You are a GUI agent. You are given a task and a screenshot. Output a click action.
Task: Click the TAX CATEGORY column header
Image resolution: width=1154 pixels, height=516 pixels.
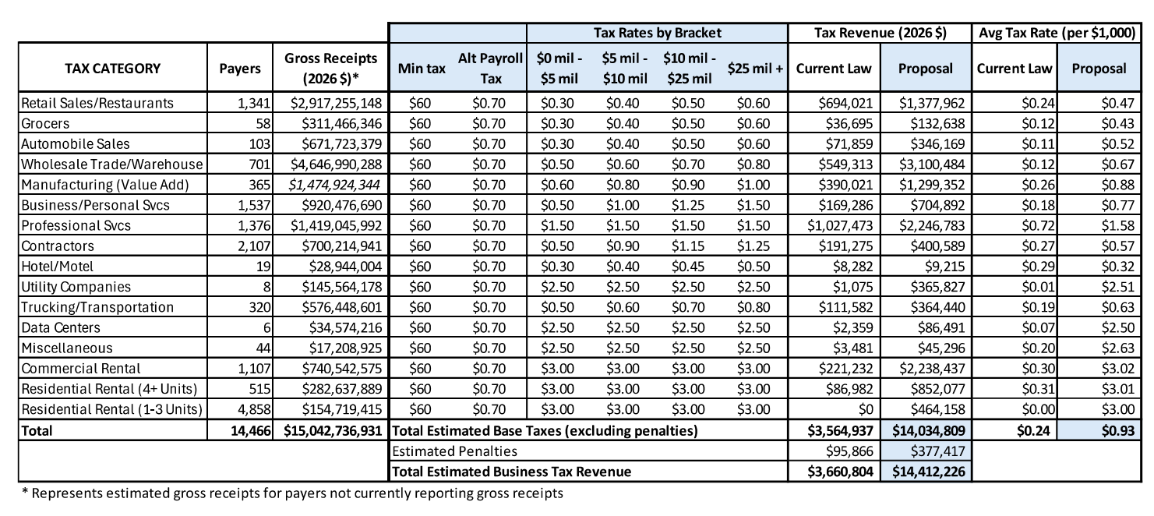coord(112,69)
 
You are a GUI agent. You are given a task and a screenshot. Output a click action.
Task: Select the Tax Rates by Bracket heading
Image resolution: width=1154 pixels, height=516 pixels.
coord(658,33)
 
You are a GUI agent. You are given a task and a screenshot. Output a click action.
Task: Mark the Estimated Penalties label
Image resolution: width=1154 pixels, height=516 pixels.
coord(454,451)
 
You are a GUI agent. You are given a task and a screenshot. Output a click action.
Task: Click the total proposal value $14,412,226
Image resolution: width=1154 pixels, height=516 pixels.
coord(926,471)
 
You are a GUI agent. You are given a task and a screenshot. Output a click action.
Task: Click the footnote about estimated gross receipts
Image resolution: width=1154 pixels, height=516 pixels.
coord(291,493)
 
